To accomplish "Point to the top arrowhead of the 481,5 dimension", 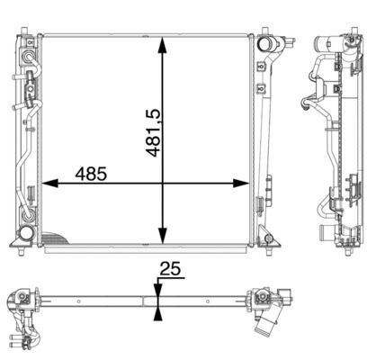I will (x=163, y=44).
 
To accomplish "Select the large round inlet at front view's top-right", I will (x=267, y=44).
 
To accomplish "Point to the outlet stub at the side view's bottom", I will (x=320, y=233).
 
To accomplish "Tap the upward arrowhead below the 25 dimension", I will (x=158, y=311).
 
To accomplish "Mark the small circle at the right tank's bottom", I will (x=264, y=235).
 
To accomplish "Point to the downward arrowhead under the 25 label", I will (x=158, y=287).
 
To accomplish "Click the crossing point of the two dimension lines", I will (x=163, y=184).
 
